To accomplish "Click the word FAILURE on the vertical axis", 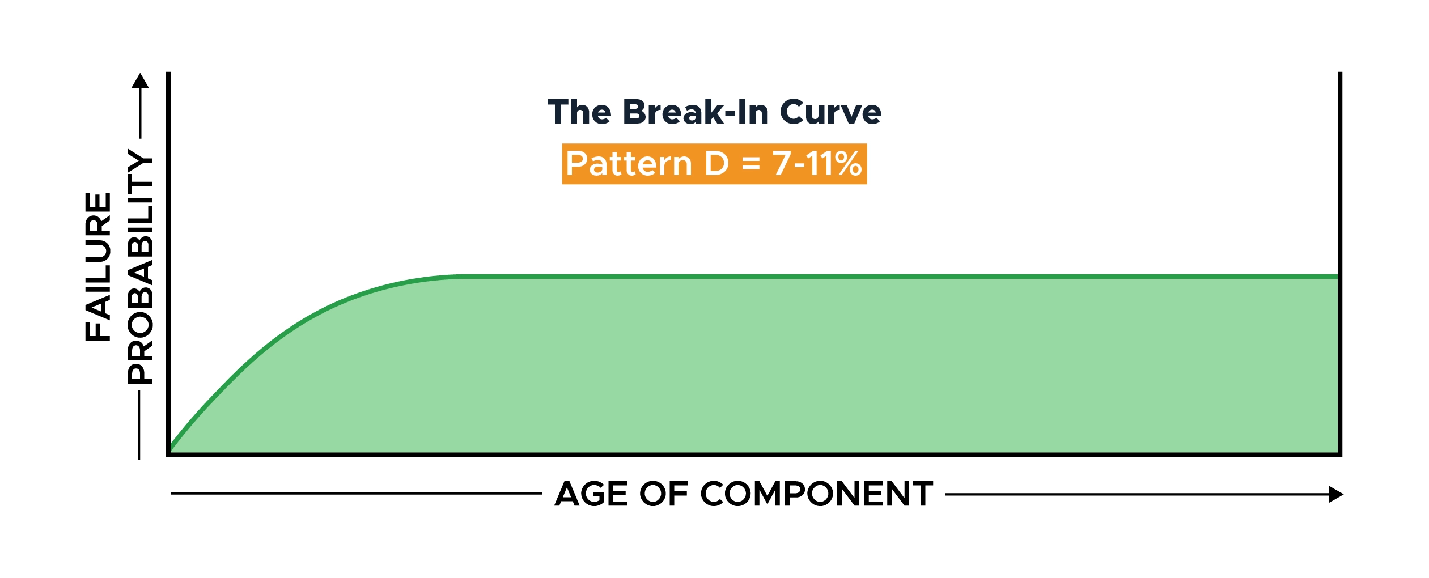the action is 98,267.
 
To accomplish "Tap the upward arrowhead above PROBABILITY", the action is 140,80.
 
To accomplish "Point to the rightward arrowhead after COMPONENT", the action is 1335,494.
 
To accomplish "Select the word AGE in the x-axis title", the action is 591,494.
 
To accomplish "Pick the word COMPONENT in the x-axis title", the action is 817,494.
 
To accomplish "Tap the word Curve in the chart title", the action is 831,112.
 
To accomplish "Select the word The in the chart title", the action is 579,112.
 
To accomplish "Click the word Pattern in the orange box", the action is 629,164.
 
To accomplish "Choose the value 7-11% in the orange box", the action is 817,164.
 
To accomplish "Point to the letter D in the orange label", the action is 716,164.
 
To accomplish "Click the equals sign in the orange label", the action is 750,164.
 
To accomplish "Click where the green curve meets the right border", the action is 1338,277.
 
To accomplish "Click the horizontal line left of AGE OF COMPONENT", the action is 357,494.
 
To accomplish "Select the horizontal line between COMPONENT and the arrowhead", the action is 1137,494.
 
